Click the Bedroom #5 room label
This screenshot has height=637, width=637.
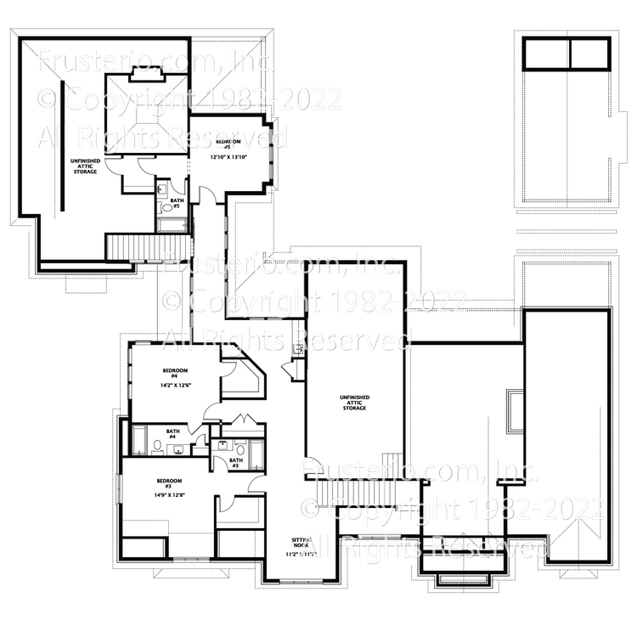pyautogui.click(x=228, y=144)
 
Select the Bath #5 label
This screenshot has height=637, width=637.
pyautogui.click(x=178, y=203)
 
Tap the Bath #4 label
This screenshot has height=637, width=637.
pyautogui.click(x=172, y=434)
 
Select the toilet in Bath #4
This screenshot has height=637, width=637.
pyautogui.click(x=158, y=447)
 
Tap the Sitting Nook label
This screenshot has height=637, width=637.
pyautogui.click(x=302, y=544)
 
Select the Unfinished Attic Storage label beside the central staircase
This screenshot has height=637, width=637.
pyautogui.click(x=353, y=403)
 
